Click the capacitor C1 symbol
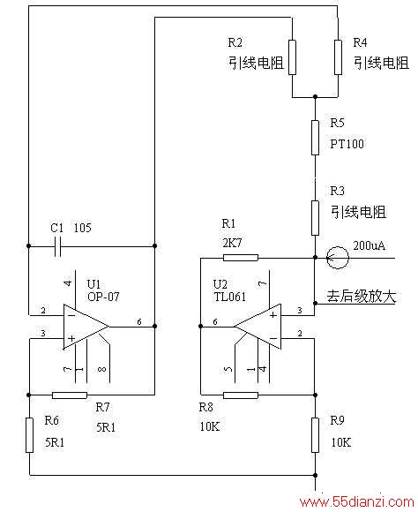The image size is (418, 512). [x=57, y=245]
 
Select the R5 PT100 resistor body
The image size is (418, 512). [x=315, y=138]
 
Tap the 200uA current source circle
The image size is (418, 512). [x=338, y=258]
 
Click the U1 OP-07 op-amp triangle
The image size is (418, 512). [x=86, y=327]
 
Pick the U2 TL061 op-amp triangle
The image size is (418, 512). [x=258, y=327]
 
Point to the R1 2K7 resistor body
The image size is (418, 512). [x=241, y=258]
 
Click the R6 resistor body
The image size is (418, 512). [x=29, y=434]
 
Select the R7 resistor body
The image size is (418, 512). [x=70, y=395]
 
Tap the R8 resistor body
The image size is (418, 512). [x=241, y=395]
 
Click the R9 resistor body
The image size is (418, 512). [x=315, y=434]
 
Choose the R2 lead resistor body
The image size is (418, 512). [x=292, y=57]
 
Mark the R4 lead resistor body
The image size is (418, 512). [x=338, y=57]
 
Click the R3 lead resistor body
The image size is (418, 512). [x=315, y=218]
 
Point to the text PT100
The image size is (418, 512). [x=347, y=144]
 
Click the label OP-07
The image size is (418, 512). [x=103, y=297]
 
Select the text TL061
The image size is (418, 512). [x=229, y=297]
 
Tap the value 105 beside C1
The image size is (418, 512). [x=83, y=228]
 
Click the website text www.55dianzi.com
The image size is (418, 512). [x=356, y=501]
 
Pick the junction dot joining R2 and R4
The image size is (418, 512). [x=315, y=97]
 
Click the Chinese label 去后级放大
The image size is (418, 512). [x=362, y=296]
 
